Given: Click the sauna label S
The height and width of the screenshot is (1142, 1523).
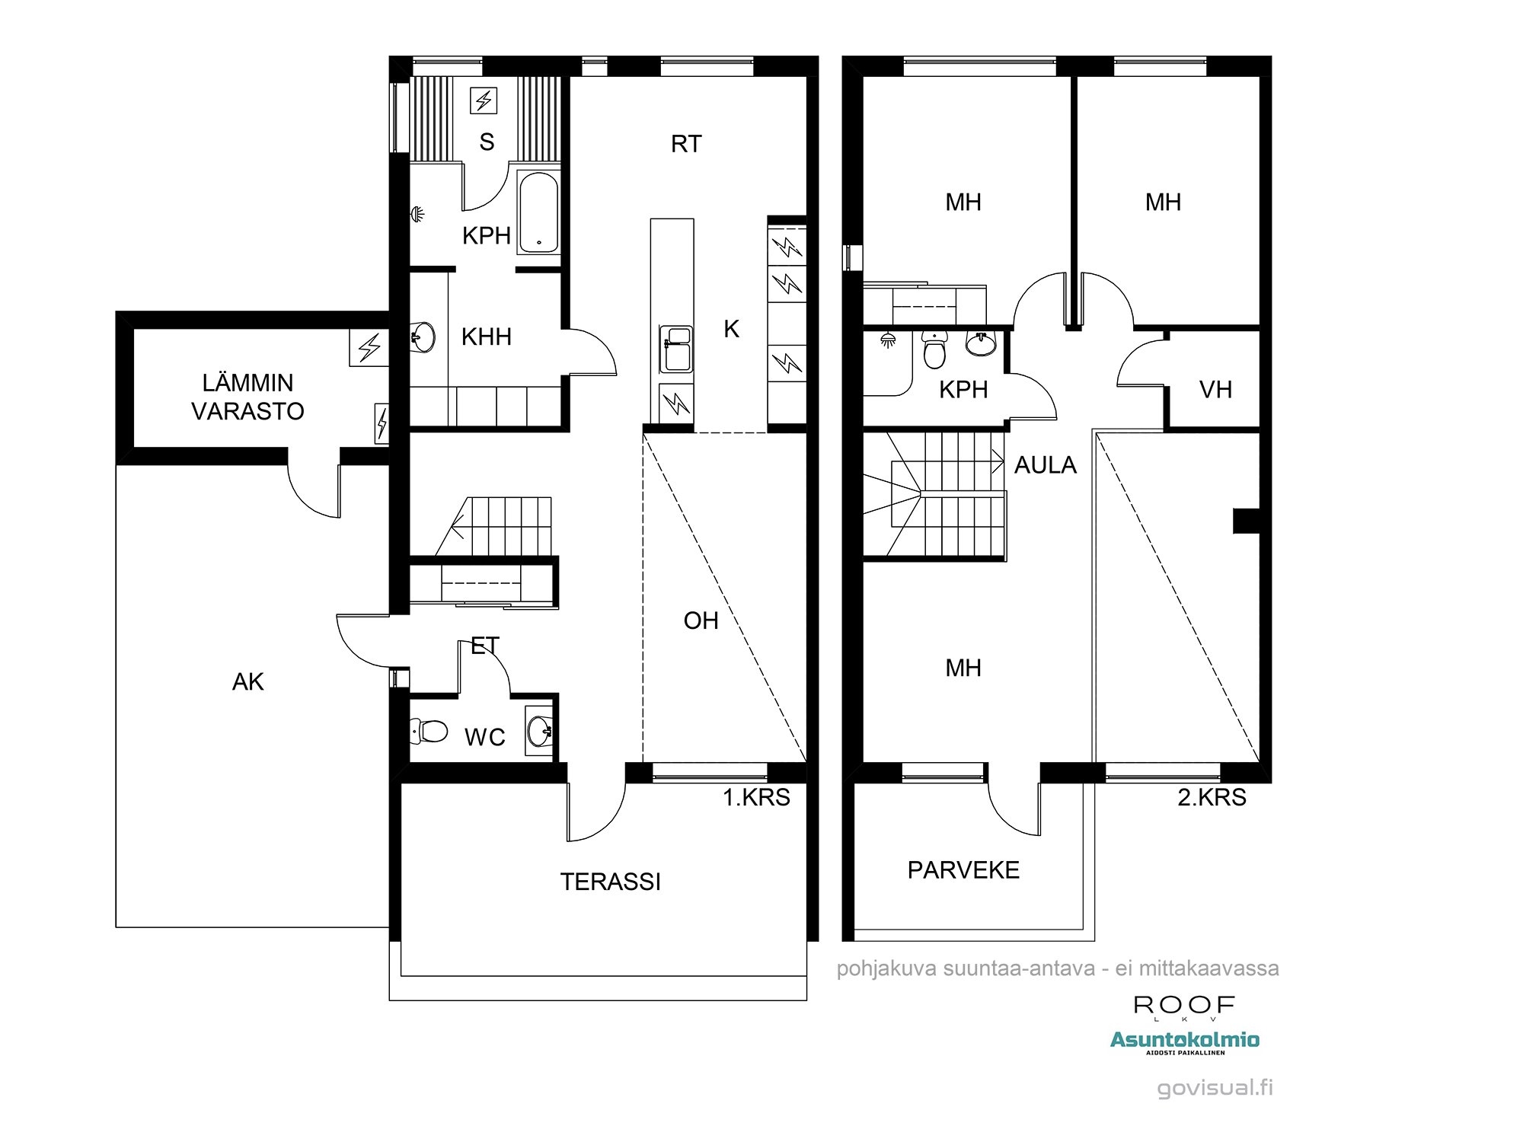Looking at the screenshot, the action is tap(487, 142).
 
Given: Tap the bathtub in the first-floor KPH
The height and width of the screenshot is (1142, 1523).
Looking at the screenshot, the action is tap(538, 213).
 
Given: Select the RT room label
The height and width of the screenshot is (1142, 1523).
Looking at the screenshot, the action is tap(686, 144).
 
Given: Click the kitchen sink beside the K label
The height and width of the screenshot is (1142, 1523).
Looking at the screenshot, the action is tap(676, 349).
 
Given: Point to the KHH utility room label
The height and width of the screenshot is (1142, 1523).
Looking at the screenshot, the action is tap(487, 337).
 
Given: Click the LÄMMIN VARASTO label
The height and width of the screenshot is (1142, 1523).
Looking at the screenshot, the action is tap(247, 397).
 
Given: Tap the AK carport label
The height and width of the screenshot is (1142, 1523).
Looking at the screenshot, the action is tap(248, 681).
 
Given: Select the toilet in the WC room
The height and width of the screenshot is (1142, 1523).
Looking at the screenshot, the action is tap(428, 732).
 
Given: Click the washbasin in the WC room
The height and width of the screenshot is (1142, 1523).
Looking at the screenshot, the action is tap(539, 732).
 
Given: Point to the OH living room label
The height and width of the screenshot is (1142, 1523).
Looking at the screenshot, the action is tap(701, 620).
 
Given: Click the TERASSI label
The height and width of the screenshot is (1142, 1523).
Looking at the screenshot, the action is tap(611, 882).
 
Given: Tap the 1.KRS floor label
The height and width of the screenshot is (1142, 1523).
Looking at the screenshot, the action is tap(756, 797).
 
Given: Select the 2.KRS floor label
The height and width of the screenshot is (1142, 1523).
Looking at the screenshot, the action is tap(1212, 797).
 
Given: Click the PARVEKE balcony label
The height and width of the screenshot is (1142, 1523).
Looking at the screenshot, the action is tap(963, 870).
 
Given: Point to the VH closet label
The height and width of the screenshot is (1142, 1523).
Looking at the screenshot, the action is tap(1215, 390).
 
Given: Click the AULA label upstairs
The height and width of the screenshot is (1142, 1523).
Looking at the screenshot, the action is tap(1046, 465).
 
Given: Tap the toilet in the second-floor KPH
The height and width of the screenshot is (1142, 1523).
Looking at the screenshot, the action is tap(934, 350).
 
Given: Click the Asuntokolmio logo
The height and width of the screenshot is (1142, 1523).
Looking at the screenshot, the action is tap(1185, 1042).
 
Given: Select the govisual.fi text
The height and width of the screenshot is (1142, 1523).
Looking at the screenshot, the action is tap(1215, 1088).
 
